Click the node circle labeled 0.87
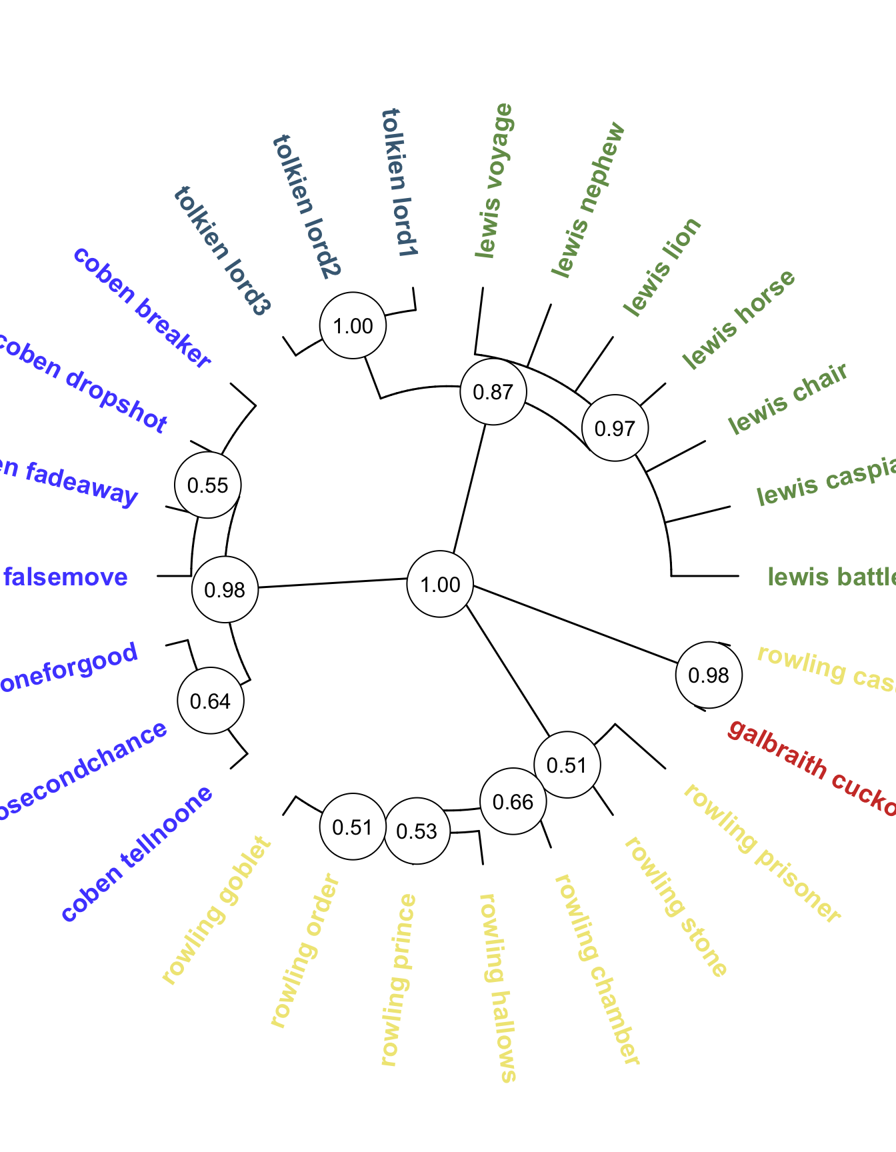tap(493, 392)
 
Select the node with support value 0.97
tap(615, 428)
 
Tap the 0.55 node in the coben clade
tap(208, 485)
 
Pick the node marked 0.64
tap(211, 701)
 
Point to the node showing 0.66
tap(513, 801)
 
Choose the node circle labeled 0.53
tap(417, 831)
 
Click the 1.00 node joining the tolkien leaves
tap(353, 325)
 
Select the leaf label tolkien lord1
tap(400, 183)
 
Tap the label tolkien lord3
tap(223, 250)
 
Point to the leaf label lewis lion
tap(662, 266)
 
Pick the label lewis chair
tap(787, 398)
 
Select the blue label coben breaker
tap(142, 307)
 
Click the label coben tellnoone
tap(137, 854)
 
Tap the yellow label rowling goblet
tap(217, 910)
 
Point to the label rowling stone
tap(675, 907)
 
